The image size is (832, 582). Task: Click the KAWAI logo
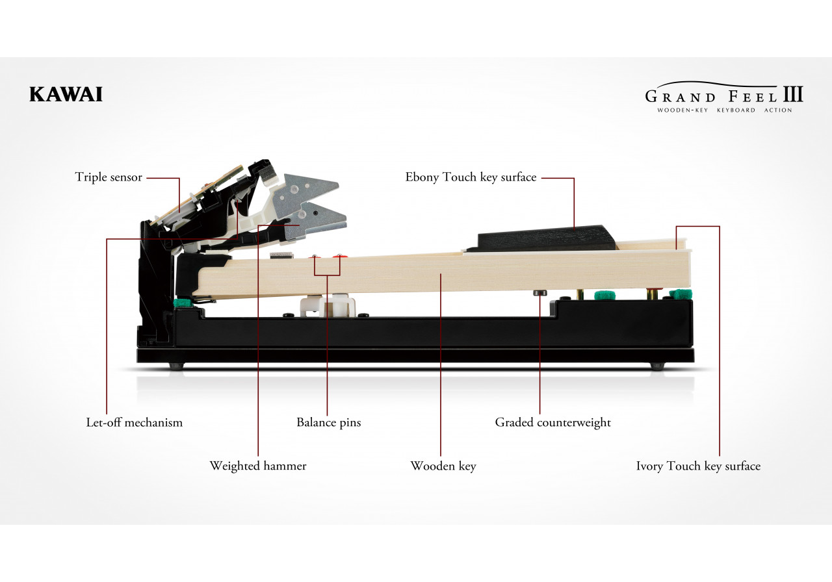[x=66, y=94]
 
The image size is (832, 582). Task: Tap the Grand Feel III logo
[x=724, y=97]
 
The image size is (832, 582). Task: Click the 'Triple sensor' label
[x=109, y=177]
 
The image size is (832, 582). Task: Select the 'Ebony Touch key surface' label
[x=471, y=177]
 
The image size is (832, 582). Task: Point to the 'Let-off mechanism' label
[x=134, y=422]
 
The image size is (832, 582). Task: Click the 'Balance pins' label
[x=328, y=423]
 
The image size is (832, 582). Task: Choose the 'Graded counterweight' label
[x=552, y=423]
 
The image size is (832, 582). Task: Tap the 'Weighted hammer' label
[x=258, y=466]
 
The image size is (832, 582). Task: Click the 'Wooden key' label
[x=443, y=466]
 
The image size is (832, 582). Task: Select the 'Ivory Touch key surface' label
[x=698, y=466]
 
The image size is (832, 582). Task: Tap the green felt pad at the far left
[x=182, y=303]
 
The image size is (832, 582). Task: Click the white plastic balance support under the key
[x=327, y=305]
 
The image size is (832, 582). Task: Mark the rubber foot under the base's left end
[x=177, y=366]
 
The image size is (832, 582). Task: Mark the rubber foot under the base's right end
[x=657, y=366]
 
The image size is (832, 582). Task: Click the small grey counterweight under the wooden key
[x=539, y=293]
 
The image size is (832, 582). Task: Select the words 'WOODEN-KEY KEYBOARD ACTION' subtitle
[x=724, y=110]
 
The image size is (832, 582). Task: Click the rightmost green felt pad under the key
[x=681, y=294]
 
